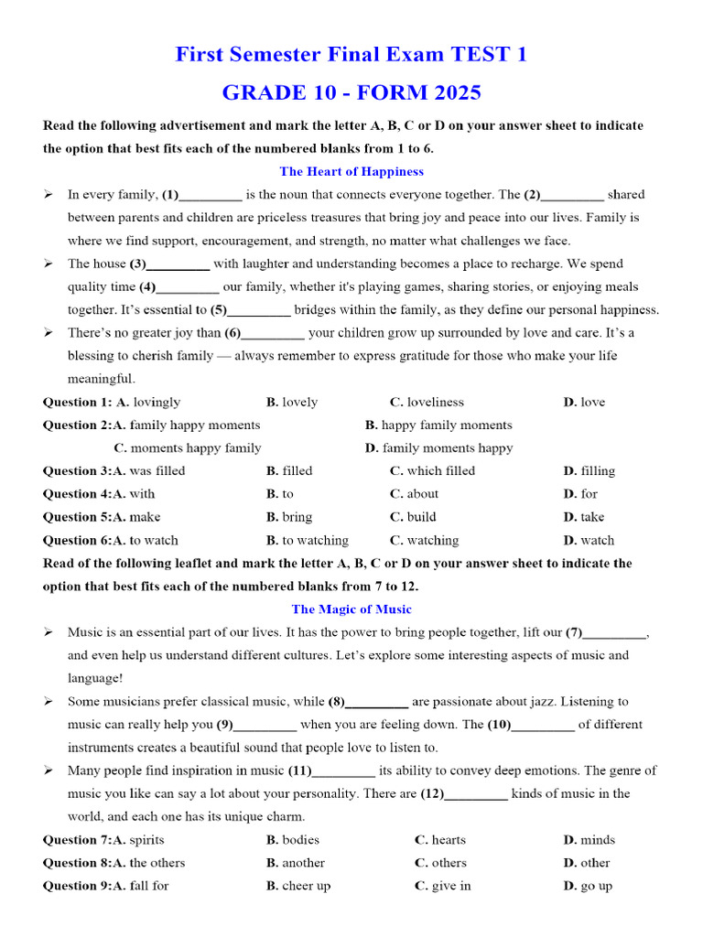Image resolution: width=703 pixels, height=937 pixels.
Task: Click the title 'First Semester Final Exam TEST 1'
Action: click(x=351, y=55)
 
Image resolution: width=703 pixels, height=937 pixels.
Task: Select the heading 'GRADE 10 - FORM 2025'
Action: click(x=351, y=93)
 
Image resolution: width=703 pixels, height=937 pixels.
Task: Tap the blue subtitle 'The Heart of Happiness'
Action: click(x=351, y=171)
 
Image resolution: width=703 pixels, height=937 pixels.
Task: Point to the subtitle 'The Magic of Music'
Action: click(x=351, y=609)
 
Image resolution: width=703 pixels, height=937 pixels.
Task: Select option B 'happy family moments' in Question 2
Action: click(x=438, y=425)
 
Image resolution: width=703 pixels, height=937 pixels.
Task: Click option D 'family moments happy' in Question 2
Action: click(x=438, y=448)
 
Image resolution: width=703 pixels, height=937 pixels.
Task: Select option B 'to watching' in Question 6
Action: click(x=308, y=541)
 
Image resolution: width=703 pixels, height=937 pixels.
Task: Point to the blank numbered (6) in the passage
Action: click(x=273, y=333)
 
